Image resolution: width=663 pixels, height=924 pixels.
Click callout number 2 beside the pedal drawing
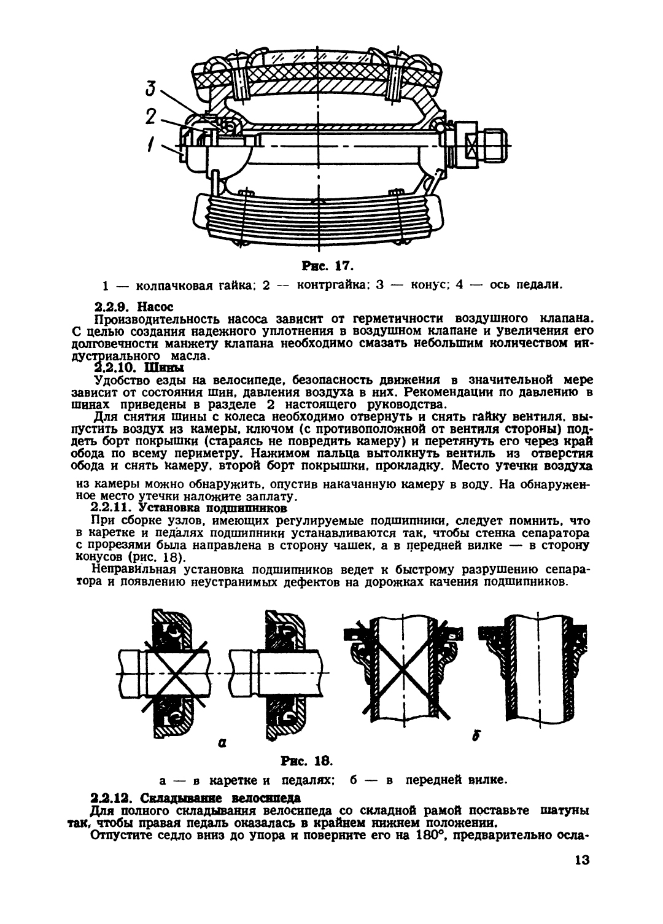[151, 117]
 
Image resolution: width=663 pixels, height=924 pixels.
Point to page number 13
[582, 860]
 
